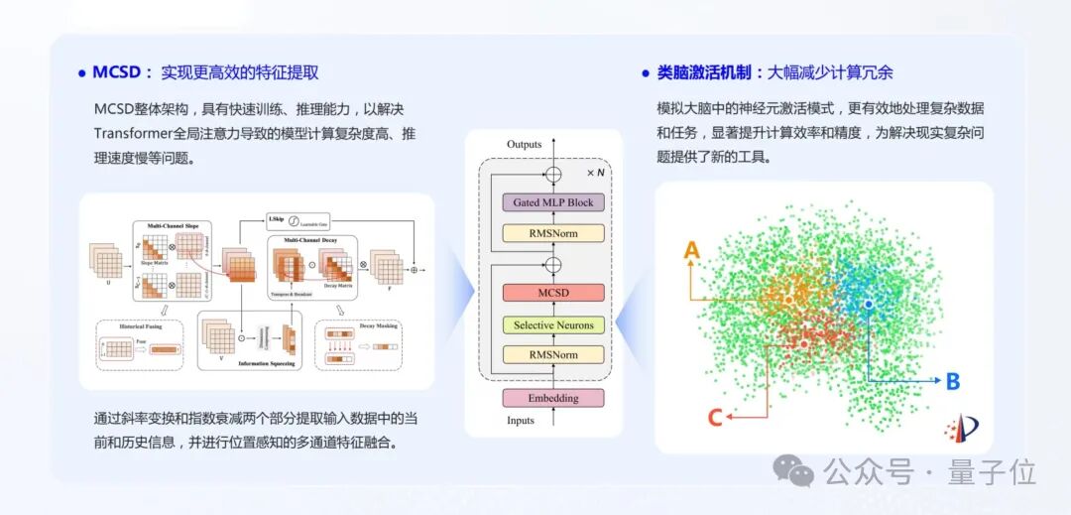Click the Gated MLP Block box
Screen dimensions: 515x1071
coord(553,202)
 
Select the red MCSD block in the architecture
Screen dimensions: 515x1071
coord(553,293)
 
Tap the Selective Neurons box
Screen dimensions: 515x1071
coord(553,324)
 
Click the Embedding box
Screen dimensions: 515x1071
coord(553,398)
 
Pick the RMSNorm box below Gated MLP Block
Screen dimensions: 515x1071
coord(553,233)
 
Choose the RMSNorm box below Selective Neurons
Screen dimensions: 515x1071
coord(553,354)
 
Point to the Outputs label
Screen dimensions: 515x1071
coord(524,145)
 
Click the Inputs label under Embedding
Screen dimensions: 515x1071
coord(520,421)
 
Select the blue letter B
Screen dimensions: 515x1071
coord(952,381)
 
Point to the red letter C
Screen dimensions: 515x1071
coord(715,418)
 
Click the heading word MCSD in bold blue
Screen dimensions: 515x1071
coord(117,72)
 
